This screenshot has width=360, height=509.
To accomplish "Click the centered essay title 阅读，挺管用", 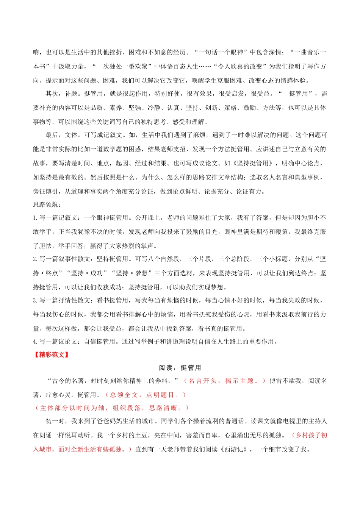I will pyautogui.click(x=180, y=368).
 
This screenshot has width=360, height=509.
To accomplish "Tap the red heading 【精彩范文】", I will pyautogui.click(x=51, y=355).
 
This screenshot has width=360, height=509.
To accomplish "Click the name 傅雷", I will pyautogui.click(x=276, y=381).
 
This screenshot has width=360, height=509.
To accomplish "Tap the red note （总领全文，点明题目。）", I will pyautogui.click(x=146, y=395).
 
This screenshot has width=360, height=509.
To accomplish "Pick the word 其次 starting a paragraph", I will pyautogui.click(x=52, y=94).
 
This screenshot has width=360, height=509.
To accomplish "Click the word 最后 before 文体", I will pyautogui.click(x=52, y=135).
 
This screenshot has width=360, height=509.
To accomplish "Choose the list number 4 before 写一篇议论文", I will pyautogui.click(x=35, y=342).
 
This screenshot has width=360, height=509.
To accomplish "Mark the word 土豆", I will pyautogui.click(x=155, y=435).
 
